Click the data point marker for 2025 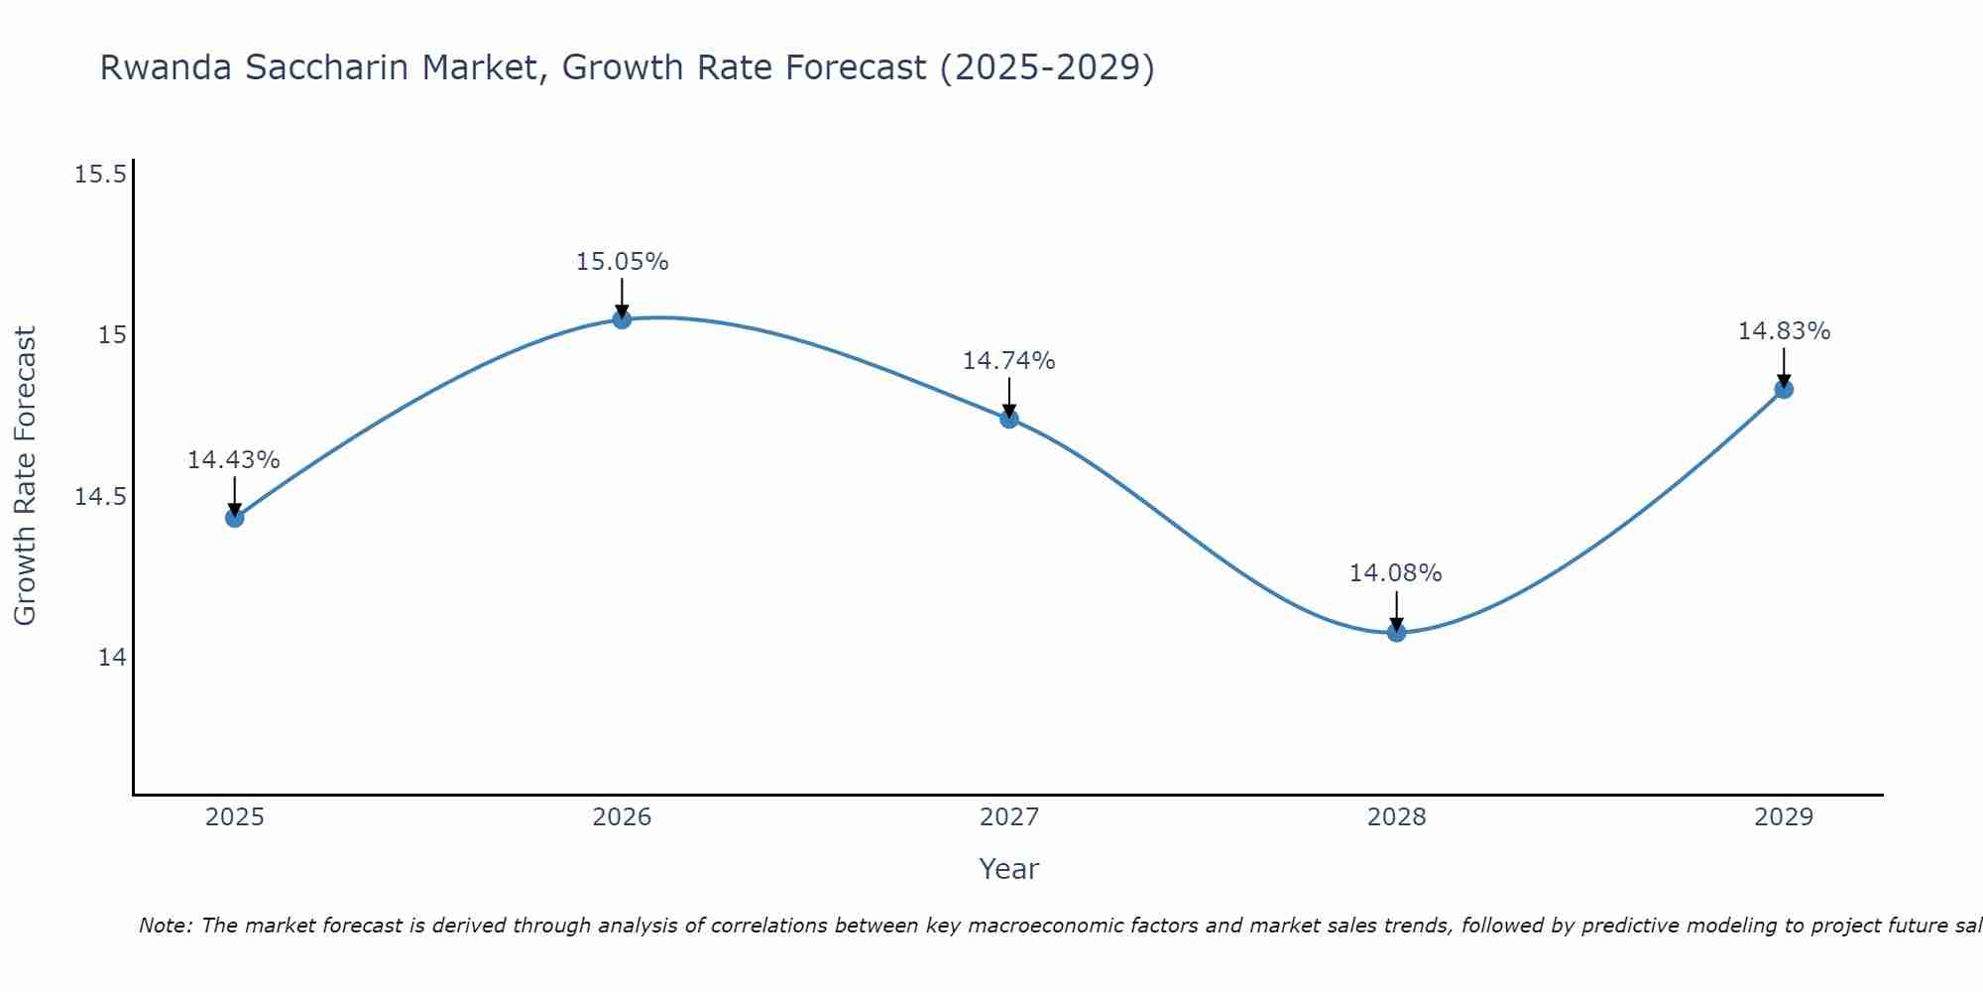(235, 517)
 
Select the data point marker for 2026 (622, 318)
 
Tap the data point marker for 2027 (1009, 419)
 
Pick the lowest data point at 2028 (1396, 632)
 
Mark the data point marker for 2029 (1784, 389)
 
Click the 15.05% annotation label (622, 262)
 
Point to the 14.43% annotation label (234, 460)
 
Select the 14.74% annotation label (1009, 361)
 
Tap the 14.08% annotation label (1396, 573)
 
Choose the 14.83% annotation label (1784, 331)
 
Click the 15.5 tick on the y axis (101, 175)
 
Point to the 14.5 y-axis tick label (101, 497)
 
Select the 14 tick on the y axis (112, 658)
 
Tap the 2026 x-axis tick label (622, 817)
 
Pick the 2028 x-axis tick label (1396, 817)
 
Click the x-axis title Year (1009, 869)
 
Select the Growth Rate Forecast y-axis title (25, 476)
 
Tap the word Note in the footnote (166, 926)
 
